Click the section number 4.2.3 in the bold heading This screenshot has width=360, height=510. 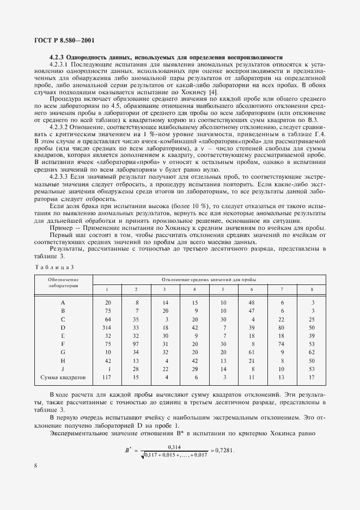pos(57,58)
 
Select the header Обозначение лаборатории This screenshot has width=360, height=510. pos(63,282)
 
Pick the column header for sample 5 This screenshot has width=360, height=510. pos(222,289)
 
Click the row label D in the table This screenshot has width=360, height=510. pos(63,327)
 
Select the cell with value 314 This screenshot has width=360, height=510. pos(107,327)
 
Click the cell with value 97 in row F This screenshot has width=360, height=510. pos(136,344)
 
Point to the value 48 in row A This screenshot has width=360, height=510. pos(251,302)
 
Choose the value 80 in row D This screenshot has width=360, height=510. pos(281,327)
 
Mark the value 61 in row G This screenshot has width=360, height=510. pos(251,352)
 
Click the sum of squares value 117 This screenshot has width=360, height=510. pos(107,377)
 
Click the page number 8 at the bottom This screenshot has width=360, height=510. pos(35,481)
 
